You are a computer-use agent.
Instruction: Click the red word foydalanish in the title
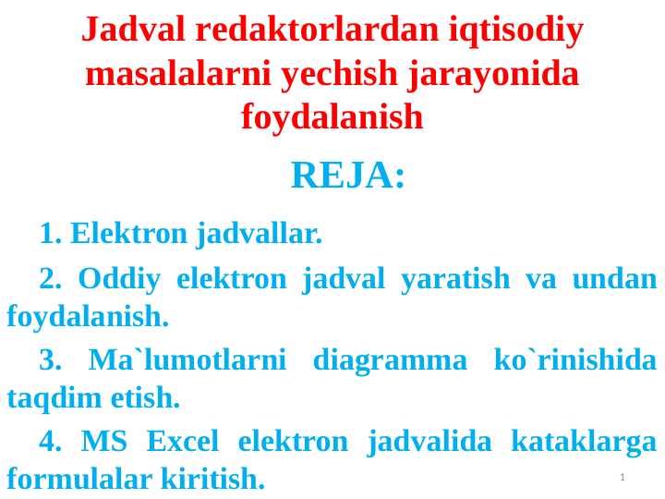coord(332,117)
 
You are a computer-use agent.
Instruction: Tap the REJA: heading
coord(348,175)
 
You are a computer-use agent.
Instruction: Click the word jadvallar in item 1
coord(259,234)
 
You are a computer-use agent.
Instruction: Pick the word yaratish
coord(454,277)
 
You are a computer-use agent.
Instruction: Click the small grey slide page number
coord(623,477)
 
